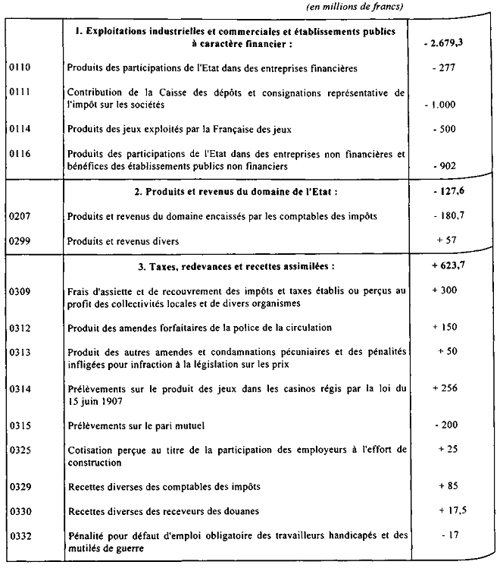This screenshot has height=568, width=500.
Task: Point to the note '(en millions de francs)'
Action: tap(355, 7)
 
